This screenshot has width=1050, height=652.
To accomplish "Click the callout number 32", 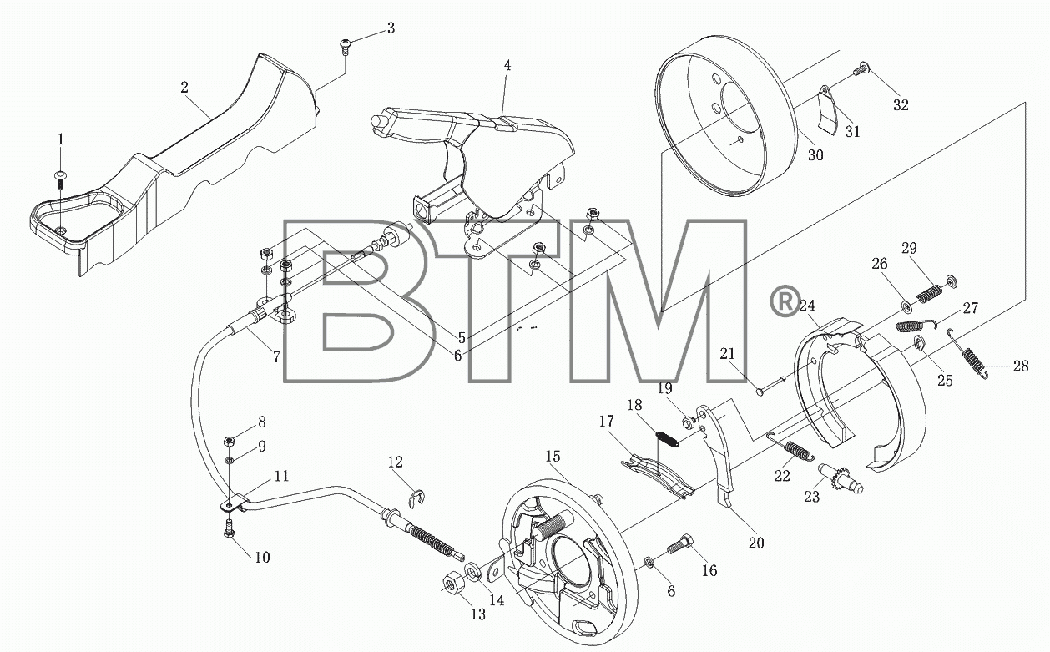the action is (x=901, y=105).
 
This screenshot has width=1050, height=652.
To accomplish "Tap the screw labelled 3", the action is (x=345, y=47).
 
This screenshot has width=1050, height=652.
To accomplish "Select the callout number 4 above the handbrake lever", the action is (x=507, y=66).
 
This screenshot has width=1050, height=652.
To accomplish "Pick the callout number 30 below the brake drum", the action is (x=815, y=155).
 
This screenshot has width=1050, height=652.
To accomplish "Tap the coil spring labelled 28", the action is (x=967, y=353).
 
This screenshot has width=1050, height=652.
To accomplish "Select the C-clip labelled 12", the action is (x=416, y=498).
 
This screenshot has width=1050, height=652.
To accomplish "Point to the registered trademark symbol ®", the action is (x=785, y=301).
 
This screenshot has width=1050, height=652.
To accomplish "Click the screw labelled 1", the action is (x=61, y=179).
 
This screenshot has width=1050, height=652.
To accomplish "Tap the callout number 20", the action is (x=756, y=543).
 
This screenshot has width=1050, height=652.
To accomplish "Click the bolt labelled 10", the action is (x=230, y=528).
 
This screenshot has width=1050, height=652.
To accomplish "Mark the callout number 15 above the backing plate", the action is (x=553, y=456).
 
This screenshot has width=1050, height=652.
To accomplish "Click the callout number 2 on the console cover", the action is (x=184, y=87).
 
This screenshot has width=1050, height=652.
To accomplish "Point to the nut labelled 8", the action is (x=230, y=441).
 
